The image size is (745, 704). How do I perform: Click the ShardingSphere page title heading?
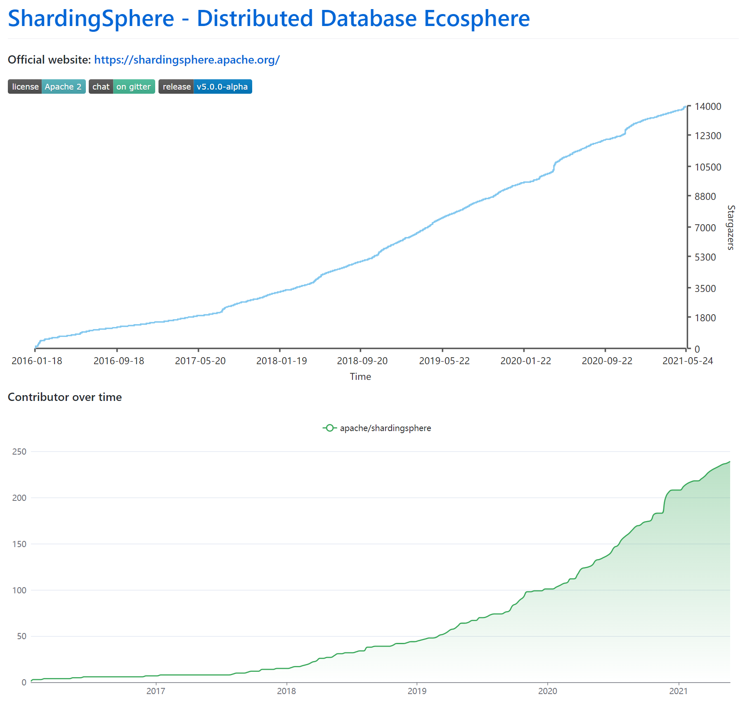click(x=268, y=19)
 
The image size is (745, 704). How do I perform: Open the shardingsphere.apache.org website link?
click(x=187, y=60)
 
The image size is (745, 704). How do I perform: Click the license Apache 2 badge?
click(x=47, y=87)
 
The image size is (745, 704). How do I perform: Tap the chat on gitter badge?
click(x=122, y=87)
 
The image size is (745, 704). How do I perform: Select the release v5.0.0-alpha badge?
click(x=205, y=87)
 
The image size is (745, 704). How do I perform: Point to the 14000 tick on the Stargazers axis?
click(x=707, y=107)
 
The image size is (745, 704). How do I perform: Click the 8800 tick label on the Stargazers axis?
click(x=705, y=197)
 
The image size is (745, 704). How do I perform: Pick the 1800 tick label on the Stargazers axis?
click(x=705, y=318)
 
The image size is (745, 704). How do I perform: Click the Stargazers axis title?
click(x=731, y=228)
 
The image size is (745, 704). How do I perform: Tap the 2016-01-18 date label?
click(x=37, y=361)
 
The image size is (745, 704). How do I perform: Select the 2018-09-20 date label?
click(x=362, y=361)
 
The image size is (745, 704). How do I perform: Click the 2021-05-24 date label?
click(x=688, y=361)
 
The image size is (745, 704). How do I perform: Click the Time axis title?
click(x=360, y=377)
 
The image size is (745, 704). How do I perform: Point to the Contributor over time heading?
click(x=65, y=397)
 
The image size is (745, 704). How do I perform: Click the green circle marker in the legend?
click(x=329, y=428)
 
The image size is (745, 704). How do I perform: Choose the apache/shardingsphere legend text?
click(x=386, y=428)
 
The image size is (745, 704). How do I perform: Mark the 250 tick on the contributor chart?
click(x=19, y=452)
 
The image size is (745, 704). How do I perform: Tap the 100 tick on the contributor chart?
click(x=19, y=590)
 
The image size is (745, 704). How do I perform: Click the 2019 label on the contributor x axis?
click(x=417, y=691)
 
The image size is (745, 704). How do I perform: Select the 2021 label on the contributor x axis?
click(x=678, y=691)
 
